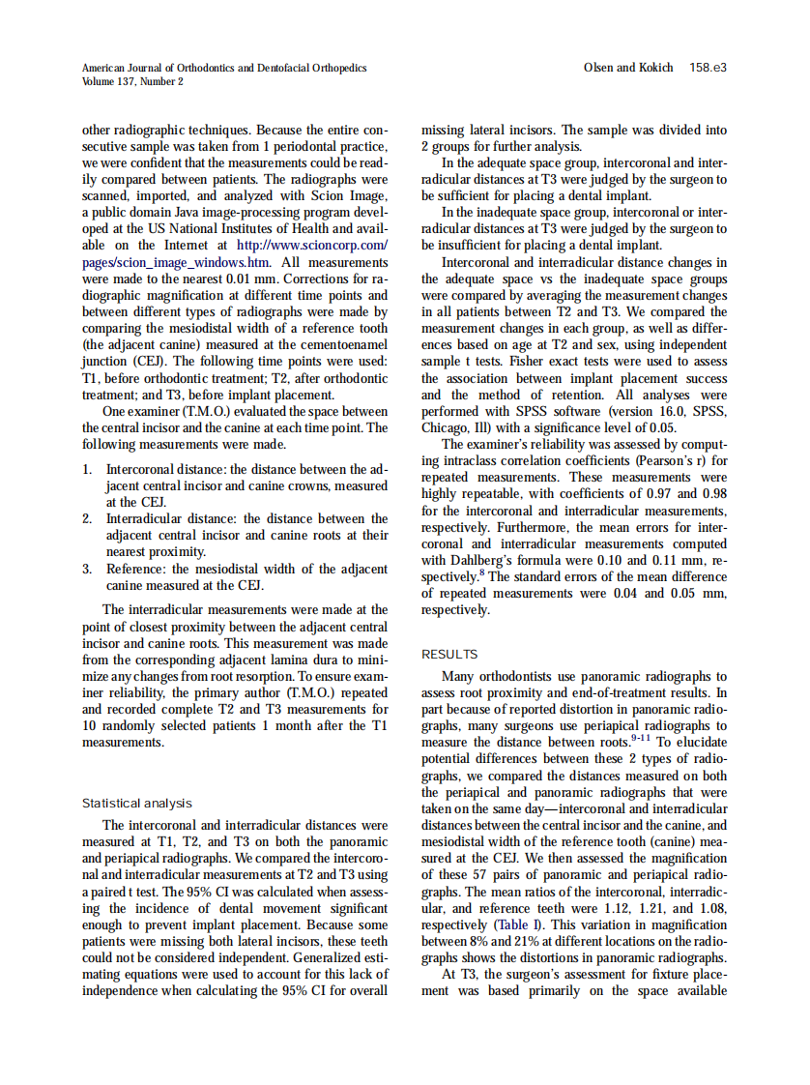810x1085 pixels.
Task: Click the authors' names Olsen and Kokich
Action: pos(628,68)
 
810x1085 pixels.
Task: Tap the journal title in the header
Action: pos(224,68)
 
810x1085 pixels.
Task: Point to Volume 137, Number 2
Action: pos(132,81)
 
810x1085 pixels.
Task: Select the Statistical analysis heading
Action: pos(136,804)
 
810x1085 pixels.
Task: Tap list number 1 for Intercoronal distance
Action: pos(87,470)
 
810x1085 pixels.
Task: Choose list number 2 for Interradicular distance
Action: pos(87,519)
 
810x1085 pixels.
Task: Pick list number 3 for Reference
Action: pos(87,569)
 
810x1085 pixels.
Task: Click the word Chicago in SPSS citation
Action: pos(445,428)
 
